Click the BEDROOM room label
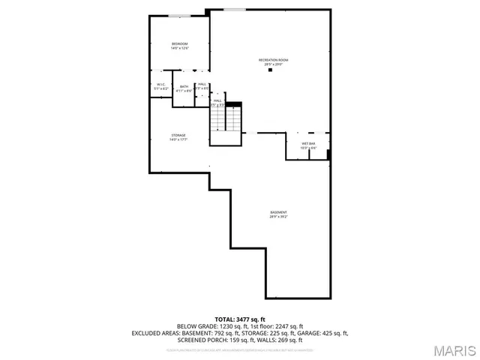pos(179,43)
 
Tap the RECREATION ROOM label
pos(273,60)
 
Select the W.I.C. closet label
pos(161,84)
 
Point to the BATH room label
pos(184,86)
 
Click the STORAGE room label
pos(178,135)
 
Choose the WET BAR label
pos(308,143)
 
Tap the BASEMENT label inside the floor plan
pos(278,212)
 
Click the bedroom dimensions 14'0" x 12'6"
pos(179,48)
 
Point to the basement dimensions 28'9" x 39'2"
pos(278,217)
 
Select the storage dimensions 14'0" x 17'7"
pos(178,139)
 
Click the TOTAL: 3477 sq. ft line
pos(240,319)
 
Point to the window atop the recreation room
pos(234,10)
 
